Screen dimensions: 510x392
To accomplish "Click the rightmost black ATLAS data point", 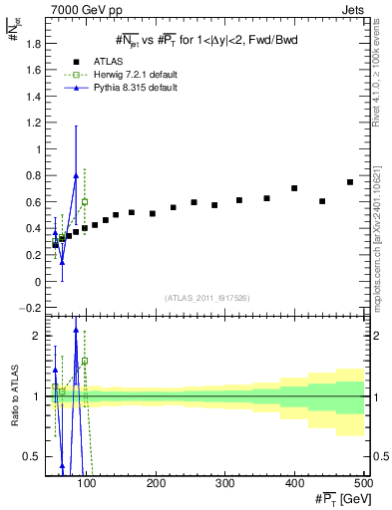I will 350,182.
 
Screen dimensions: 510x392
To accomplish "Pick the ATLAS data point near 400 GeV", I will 294,188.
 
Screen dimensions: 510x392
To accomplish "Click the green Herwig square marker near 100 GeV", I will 85,201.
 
